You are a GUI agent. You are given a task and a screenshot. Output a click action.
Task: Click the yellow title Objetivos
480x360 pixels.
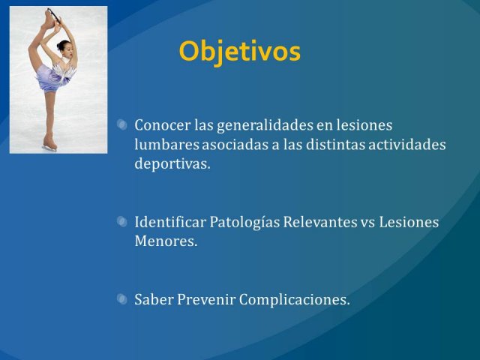tap(240, 52)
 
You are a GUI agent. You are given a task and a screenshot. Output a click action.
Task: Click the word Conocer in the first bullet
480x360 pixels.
tap(162, 125)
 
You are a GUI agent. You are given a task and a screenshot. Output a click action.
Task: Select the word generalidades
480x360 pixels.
tap(265, 126)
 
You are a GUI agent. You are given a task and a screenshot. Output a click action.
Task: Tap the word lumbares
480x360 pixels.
tap(166, 145)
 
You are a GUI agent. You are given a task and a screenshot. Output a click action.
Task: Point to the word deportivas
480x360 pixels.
tap(172, 164)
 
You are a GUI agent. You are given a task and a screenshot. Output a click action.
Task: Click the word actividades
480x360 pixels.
tap(406, 145)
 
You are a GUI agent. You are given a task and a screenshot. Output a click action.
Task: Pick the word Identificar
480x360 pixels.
tap(170, 222)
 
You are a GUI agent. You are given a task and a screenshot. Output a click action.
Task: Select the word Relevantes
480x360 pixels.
tap(320, 222)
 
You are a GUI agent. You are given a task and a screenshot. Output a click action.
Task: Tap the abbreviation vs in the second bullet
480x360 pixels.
tap(368, 223)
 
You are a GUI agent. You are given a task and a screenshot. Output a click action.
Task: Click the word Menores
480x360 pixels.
tap(166, 241)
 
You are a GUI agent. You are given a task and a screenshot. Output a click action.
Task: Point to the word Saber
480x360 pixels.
tap(154, 299)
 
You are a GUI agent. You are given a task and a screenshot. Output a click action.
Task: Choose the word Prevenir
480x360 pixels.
tap(206, 299)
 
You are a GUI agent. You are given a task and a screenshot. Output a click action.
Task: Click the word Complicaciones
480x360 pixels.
tap(294, 300)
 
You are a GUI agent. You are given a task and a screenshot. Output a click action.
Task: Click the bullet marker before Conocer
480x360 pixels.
tap(122, 125)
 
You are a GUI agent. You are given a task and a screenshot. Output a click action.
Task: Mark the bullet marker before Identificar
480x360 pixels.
tap(122, 222)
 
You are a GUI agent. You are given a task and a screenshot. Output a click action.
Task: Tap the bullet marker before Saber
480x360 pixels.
tap(122, 299)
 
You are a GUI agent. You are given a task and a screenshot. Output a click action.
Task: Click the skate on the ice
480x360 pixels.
tap(50, 145)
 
